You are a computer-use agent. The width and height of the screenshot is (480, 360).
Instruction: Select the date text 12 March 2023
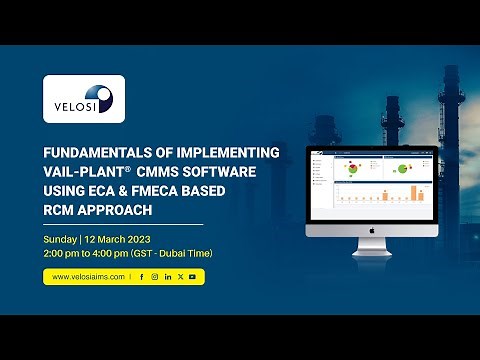117,241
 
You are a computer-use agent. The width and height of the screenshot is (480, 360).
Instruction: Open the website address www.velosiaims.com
87,276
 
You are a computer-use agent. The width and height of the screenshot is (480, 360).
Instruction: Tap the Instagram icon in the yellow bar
155,276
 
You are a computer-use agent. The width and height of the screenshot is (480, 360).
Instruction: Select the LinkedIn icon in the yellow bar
168,276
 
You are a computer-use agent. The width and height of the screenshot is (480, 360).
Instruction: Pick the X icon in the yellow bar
180,276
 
